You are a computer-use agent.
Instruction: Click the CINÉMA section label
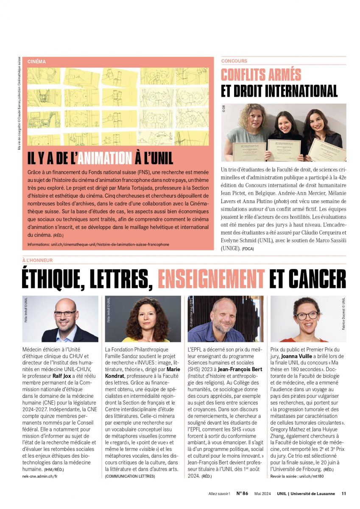pyautogui.click(x=36, y=62)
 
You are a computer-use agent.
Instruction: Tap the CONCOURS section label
pyautogui.click(x=234, y=61)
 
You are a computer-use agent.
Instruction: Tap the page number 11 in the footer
pyautogui.click(x=344, y=493)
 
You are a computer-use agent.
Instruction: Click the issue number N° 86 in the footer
pyautogui.click(x=242, y=493)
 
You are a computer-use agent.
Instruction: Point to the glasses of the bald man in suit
pyautogui.click(x=65, y=314)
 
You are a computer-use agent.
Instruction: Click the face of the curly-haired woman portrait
pyautogui.click(x=142, y=316)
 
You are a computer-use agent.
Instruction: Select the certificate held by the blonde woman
pyautogui.click(x=249, y=152)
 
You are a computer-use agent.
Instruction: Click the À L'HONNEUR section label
pyautogui.click(x=37, y=260)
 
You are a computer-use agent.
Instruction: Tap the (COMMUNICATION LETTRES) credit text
pyautogui.click(x=130, y=476)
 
